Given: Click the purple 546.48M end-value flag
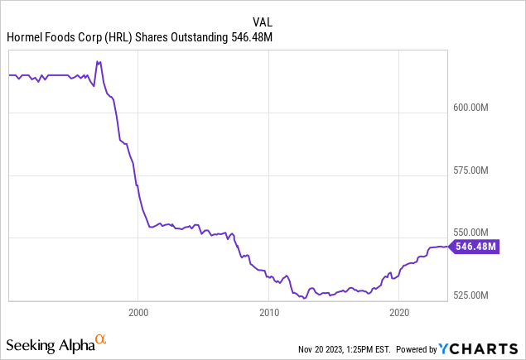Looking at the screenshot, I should tap(475, 246).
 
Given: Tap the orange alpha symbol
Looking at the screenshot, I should tap(100, 338).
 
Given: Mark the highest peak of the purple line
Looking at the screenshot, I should tap(98, 61).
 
